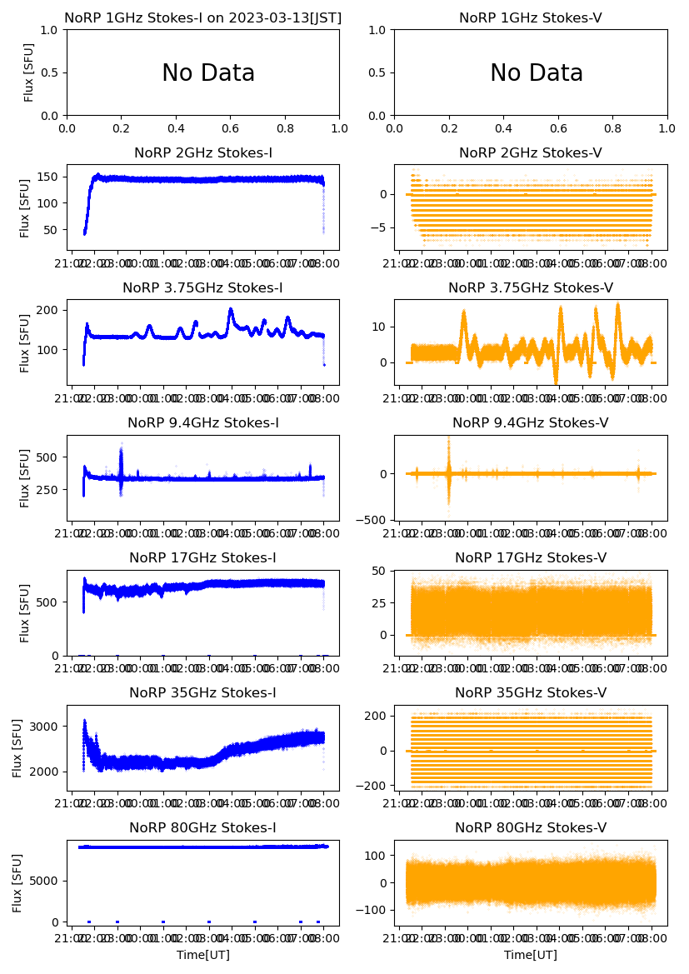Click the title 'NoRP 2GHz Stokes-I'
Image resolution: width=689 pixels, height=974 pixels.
pyautogui.click(x=203, y=152)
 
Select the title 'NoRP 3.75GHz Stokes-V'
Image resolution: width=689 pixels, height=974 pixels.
pyautogui.click(x=531, y=287)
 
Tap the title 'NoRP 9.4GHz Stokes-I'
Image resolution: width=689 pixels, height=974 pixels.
pyautogui.click(x=203, y=422)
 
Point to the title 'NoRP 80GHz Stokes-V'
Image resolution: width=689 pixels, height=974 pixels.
pyautogui.click(x=531, y=827)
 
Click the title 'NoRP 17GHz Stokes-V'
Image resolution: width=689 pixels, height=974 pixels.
pyautogui.click(x=531, y=557)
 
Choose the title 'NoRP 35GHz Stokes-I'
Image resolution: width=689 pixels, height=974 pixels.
pyautogui.click(x=203, y=692)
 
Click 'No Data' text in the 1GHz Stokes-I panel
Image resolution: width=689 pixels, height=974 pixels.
pyautogui.click(x=208, y=73)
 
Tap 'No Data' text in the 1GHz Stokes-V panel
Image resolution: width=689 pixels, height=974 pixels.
pyautogui.click(x=537, y=73)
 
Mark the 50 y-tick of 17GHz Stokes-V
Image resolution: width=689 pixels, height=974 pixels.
pyautogui.click(x=382, y=571)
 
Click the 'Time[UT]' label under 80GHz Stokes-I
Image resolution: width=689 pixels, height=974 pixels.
pyautogui.click(x=203, y=954)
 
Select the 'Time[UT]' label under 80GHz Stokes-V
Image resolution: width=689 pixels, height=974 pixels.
pyautogui.click(x=531, y=954)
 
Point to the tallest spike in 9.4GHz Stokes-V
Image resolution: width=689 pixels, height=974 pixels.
pyautogui.click(x=448, y=438)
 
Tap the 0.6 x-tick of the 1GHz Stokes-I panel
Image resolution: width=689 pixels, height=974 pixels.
pyautogui.click(x=231, y=129)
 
